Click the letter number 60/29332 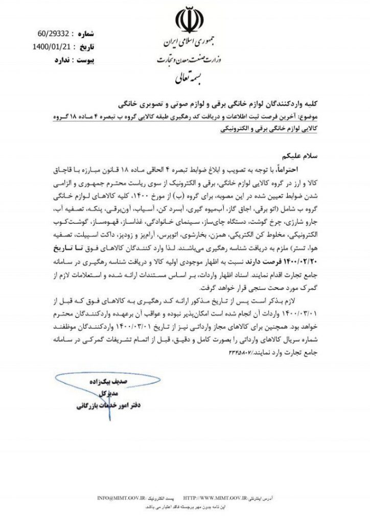[53, 35]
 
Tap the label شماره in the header [86, 35]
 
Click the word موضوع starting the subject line [307, 117]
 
